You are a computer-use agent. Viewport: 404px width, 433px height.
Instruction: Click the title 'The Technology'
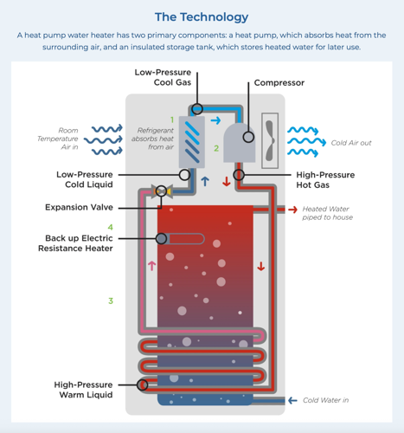point(201,16)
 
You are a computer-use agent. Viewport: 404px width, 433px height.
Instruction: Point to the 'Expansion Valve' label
point(79,208)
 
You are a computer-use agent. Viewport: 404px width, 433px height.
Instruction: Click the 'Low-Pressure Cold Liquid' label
point(85,180)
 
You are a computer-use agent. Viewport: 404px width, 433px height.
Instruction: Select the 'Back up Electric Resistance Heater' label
point(79,243)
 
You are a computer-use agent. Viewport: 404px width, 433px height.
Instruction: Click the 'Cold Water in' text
point(325,401)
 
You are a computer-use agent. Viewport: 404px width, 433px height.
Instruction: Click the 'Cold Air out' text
point(350,143)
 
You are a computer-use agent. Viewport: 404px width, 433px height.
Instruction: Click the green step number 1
point(172,120)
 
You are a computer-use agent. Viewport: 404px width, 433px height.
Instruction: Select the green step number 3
point(111,301)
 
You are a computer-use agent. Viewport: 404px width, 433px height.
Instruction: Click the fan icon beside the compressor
point(266,136)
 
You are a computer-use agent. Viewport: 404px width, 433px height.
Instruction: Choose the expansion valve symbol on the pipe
point(158,191)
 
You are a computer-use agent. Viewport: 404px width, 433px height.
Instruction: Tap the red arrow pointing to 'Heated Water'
point(293,210)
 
